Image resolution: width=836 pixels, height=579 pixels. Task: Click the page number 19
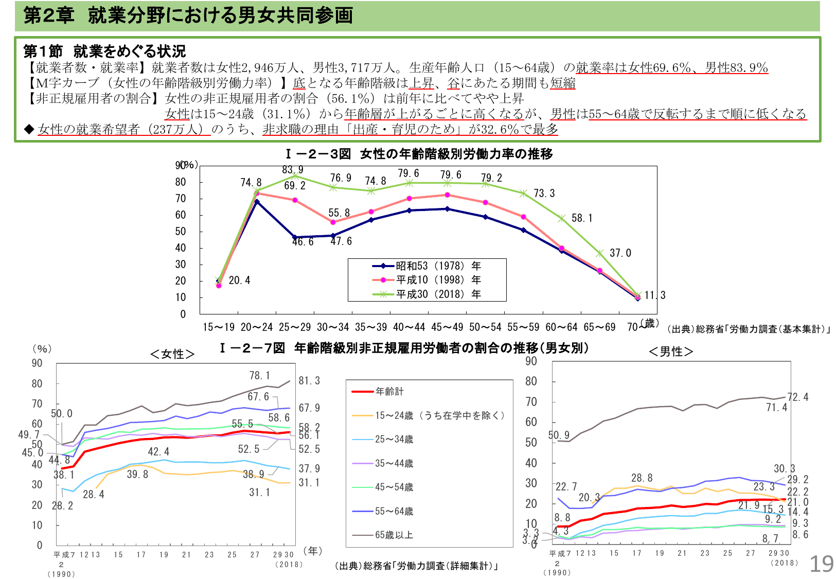pos(821,564)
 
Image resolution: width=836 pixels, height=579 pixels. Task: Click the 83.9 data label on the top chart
pos(293,170)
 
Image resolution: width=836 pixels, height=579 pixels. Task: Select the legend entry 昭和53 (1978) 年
pos(438,266)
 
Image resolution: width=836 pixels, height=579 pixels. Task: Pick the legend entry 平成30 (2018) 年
pos(438,294)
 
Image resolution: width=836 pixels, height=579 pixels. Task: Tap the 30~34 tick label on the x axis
pos(333,327)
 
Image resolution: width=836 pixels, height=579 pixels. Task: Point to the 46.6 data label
pos(303,242)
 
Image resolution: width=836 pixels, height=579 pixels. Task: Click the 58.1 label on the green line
pos(582,218)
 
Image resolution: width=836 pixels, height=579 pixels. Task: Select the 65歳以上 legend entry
pos(394,535)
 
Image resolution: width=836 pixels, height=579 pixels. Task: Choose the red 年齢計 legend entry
pos(389,392)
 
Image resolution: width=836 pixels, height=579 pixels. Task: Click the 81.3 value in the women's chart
pos(309,381)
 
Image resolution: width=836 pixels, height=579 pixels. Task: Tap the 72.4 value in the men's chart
pos(798,397)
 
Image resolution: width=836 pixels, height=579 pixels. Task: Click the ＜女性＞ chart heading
pos(172,354)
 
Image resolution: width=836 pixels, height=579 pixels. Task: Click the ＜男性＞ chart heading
pos(671,352)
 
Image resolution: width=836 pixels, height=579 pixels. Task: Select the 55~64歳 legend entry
pos(394,512)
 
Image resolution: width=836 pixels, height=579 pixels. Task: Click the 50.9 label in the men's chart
pos(559,435)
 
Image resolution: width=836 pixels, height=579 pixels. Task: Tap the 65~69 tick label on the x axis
pos(599,327)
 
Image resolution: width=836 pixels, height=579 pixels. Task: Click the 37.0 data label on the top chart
pos(620,253)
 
